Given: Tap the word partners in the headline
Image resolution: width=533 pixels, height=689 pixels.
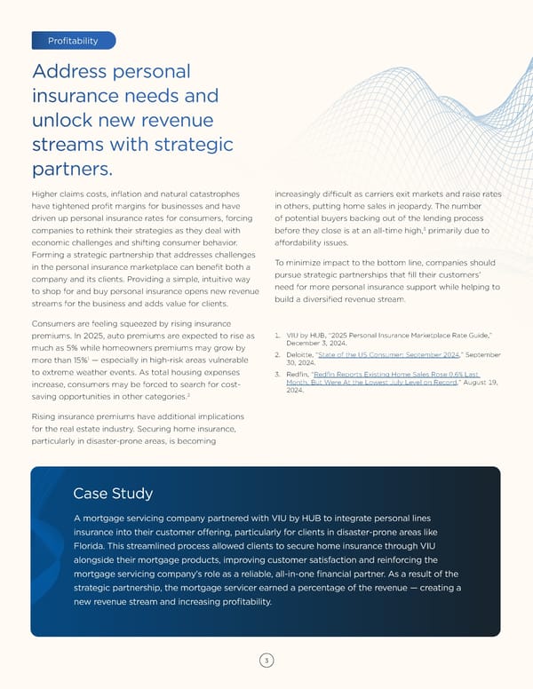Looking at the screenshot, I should pos(71,169).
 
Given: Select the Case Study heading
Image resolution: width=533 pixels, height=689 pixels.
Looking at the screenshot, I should pos(113,493).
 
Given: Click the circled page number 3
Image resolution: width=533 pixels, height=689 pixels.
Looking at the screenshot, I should pos(266,661).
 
